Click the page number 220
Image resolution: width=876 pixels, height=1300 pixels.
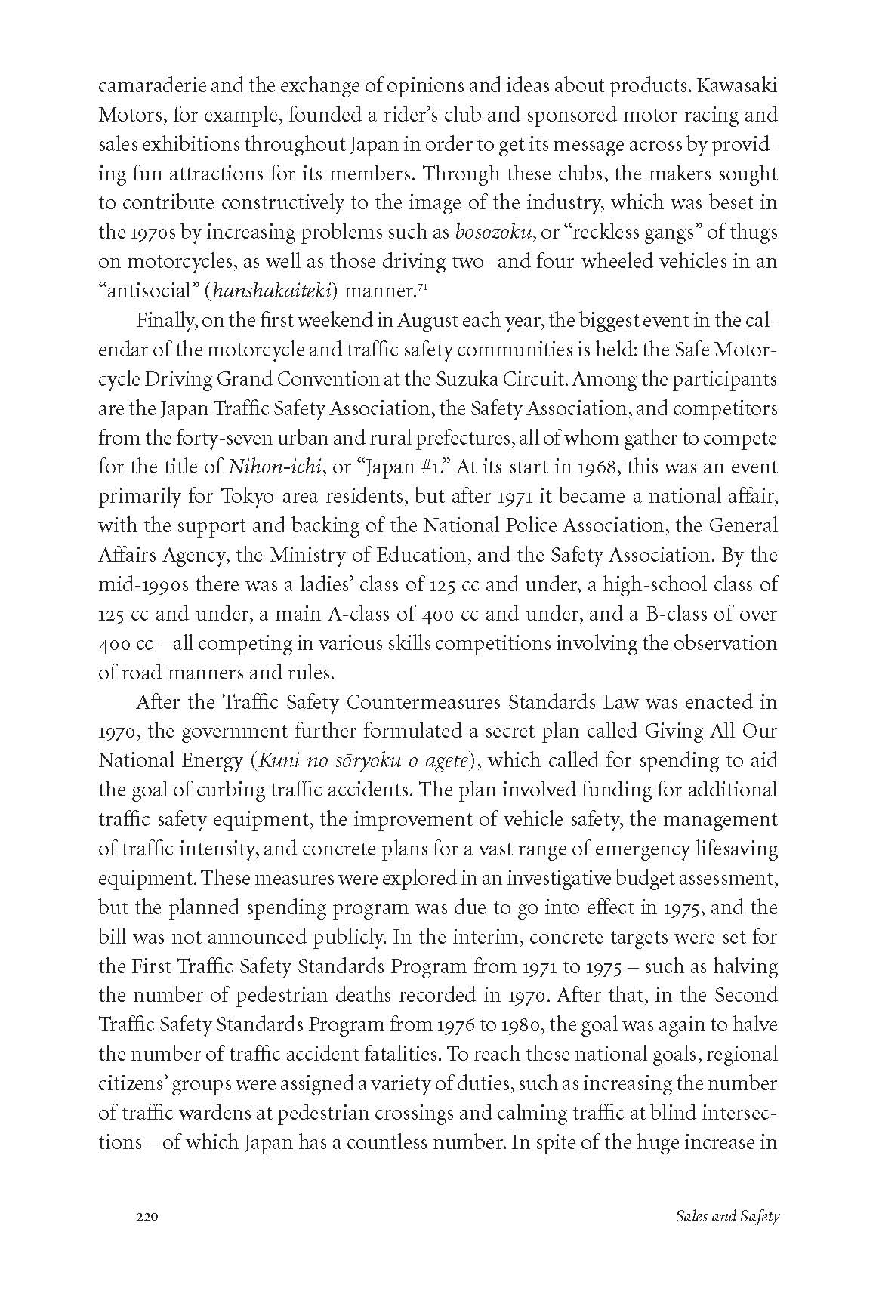[x=146, y=1216]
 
